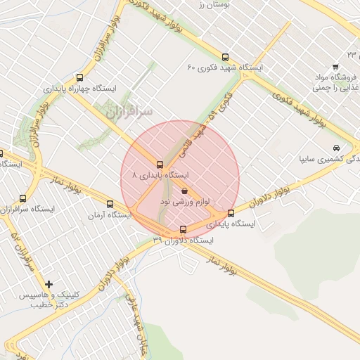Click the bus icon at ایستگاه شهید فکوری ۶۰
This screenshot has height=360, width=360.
click(225, 57)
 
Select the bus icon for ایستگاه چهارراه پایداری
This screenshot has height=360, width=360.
click(79, 78)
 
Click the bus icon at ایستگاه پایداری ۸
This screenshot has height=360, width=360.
click(160, 164)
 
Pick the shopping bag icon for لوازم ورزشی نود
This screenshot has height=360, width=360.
click(184, 191)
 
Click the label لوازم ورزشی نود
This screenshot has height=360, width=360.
click(185, 202)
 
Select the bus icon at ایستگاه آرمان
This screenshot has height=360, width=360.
click(110, 205)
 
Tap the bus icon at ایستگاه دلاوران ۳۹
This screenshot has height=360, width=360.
click(184, 229)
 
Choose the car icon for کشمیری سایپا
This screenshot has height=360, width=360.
click(337, 148)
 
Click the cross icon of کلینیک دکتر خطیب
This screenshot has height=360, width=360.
click(49, 284)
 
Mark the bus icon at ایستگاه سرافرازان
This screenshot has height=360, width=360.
click(23, 199)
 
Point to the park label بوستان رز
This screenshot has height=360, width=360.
click(209, 4)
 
